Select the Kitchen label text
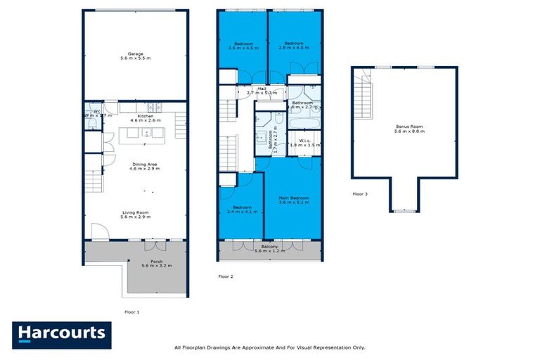[x=146, y=117]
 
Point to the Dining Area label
[x=143, y=167]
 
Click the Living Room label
[x=136, y=216]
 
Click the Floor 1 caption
[x=131, y=311]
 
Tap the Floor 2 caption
[x=226, y=276]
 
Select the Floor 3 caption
[x=360, y=194]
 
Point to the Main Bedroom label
[x=293, y=200]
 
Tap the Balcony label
[x=270, y=248]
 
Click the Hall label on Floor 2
[x=261, y=91]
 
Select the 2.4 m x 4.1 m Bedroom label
[x=241, y=210]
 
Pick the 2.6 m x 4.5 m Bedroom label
[x=243, y=46]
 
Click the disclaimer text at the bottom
[x=269, y=347]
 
